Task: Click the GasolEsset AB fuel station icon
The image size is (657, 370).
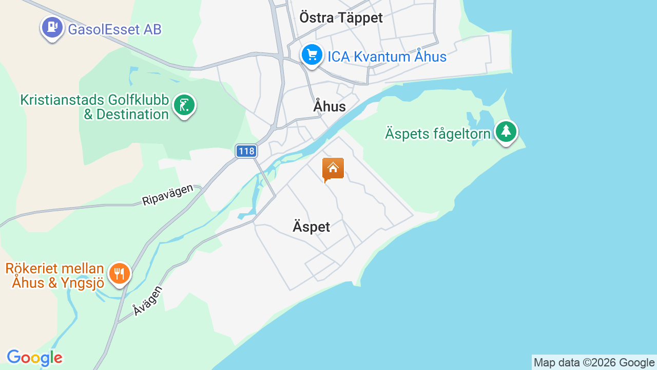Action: pos(52,27)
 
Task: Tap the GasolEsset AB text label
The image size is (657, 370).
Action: pos(114,29)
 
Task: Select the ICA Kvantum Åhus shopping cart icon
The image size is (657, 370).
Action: pos(312,54)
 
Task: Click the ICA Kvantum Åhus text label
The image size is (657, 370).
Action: pos(387,57)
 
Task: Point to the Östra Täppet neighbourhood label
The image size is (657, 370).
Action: pos(341,18)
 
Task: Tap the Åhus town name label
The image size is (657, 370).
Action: pos(330,107)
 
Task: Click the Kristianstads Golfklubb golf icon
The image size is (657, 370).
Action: pos(184,105)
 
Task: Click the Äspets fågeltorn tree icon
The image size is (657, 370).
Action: pos(506,131)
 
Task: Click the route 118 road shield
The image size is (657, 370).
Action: pos(246,151)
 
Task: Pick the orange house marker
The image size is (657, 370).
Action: pos(333,169)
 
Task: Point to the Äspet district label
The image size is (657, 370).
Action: pos(311,227)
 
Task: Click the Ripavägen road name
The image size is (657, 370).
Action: pos(167,195)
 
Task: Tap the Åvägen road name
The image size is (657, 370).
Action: pos(147,301)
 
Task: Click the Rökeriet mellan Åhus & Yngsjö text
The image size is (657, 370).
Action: pos(55,275)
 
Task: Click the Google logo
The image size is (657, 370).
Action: pos(34,358)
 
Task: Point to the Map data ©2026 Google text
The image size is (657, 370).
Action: pos(594,363)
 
